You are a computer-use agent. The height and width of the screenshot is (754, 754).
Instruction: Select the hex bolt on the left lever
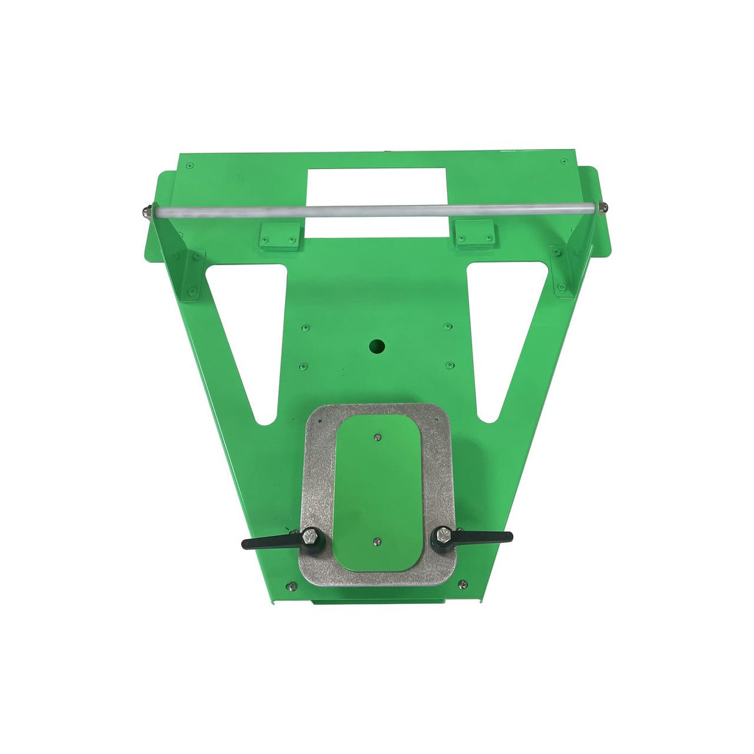tap(311, 536)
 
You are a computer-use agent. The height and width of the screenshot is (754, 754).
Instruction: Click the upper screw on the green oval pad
tap(378, 437)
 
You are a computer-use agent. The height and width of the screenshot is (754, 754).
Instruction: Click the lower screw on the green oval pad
tap(377, 542)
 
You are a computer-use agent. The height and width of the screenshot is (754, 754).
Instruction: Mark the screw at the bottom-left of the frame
tap(289, 585)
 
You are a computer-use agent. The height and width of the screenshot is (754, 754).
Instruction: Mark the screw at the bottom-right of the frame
tap(462, 584)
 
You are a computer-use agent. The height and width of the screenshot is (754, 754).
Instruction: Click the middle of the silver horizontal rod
tap(375, 210)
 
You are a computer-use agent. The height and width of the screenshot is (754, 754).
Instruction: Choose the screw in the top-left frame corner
tap(190, 165)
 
